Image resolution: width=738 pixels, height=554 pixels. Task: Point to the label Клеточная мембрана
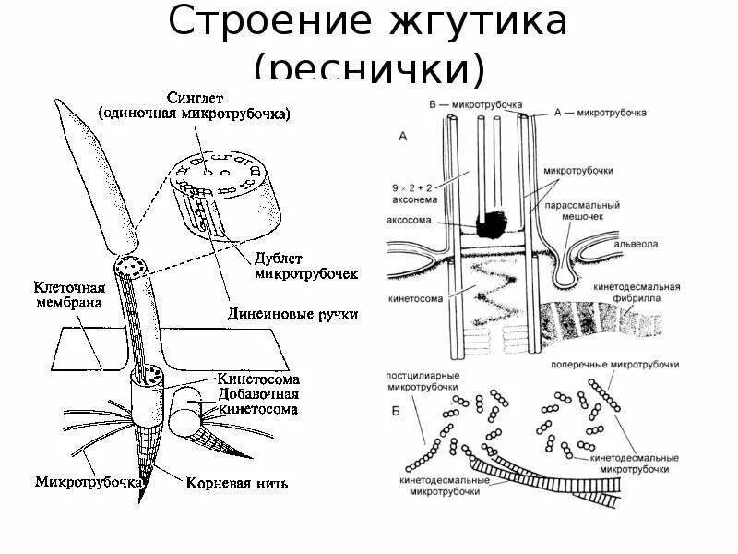click(x=69, y=295)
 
